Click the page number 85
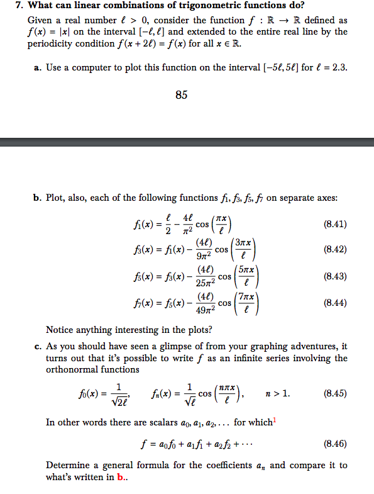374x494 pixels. pos(181,95)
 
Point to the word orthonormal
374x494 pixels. pos(70,369)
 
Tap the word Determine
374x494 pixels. pos(69,466)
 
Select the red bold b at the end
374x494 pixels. pos(119,478)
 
